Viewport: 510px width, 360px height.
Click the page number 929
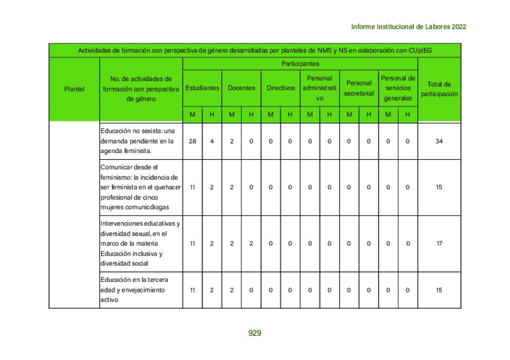[254, 333]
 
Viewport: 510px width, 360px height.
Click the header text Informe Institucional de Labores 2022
[408, 27]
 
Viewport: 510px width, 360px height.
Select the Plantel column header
[74, 89]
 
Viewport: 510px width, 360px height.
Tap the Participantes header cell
[300, 64]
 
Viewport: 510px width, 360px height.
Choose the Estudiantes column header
[202, 88]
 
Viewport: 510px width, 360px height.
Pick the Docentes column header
[241, 88]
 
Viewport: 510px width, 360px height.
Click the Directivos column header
[281, 88]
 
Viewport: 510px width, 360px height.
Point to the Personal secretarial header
[359, 88]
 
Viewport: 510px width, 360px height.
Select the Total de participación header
[439, 89]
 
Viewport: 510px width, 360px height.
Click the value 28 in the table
[193, 141]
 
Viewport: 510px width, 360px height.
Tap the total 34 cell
[439, 141]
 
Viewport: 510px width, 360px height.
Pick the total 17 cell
[439, 244]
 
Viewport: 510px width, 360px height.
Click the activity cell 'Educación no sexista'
[141, 141]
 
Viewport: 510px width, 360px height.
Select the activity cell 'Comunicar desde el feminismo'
[141, 187]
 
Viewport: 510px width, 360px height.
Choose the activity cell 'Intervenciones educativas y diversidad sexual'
[141, 244]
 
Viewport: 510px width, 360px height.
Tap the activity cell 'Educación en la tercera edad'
[141, 290]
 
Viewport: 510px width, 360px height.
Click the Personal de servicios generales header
[398, 88]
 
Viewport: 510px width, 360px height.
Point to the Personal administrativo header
[320, 88]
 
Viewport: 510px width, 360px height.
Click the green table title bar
[254, 50]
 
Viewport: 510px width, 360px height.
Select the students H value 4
[212, 141]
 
